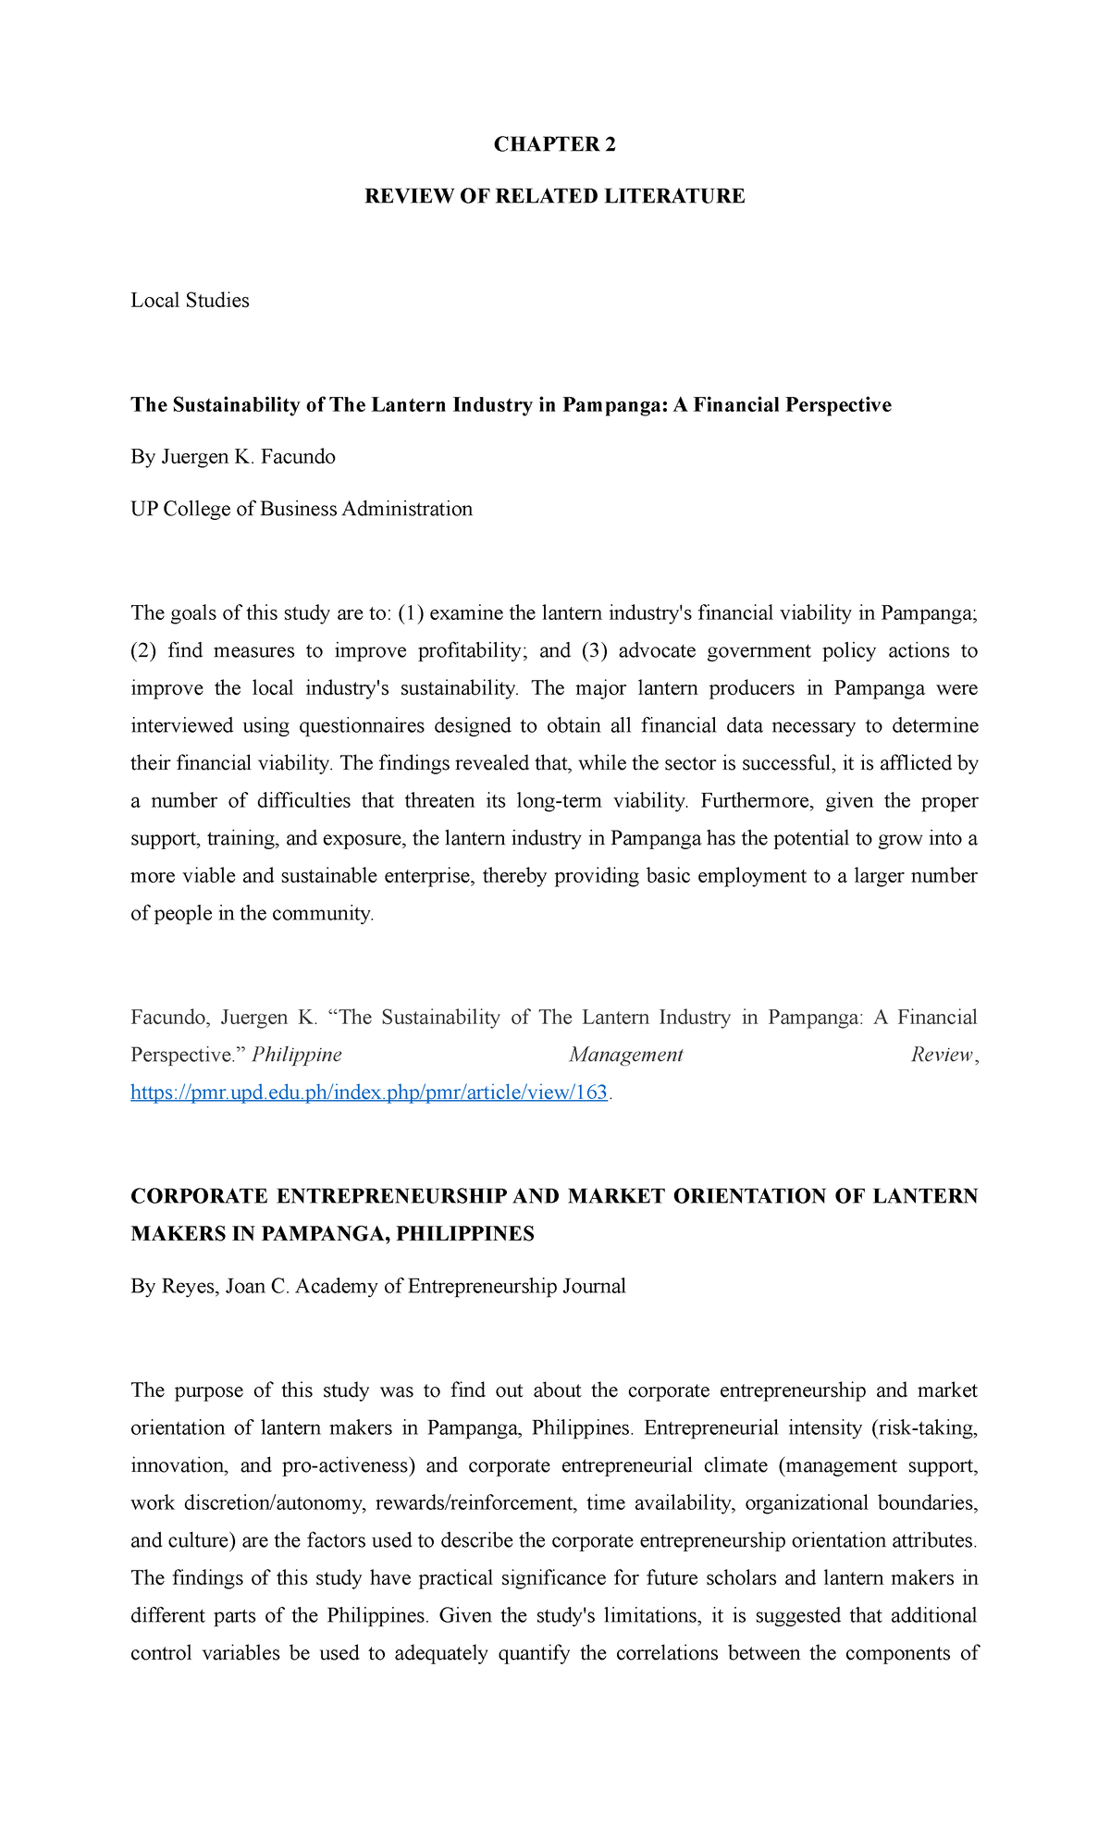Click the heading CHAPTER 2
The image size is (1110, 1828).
point(554,144)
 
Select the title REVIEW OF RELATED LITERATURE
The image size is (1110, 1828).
point(554,196)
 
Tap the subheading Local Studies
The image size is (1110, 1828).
point(190,301)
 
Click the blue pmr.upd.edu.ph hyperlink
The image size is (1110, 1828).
point(369,1093)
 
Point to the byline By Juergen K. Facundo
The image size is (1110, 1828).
point(233,457)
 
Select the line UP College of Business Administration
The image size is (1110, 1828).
point(302,509)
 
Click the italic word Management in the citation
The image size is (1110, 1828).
point(625,1055)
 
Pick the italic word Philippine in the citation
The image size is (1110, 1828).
point(297,1055)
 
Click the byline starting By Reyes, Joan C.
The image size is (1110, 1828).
point(378,1286)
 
